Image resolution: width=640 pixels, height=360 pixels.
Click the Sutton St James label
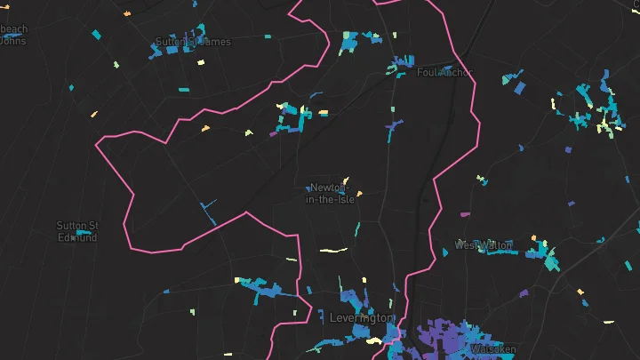point(193,42)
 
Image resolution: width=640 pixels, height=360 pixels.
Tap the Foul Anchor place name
point(444,73)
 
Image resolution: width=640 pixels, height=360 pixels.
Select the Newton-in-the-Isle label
point(332,194)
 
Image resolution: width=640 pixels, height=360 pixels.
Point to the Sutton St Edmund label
point(77,231)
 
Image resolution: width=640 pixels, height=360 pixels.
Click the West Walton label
point(484,244)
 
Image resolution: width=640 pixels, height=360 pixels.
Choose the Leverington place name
point(360,317)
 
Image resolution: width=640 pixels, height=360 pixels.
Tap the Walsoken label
point(494,349)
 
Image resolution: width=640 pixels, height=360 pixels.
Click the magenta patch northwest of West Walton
point(464,214)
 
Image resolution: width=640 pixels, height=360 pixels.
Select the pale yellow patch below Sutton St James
point(200,62)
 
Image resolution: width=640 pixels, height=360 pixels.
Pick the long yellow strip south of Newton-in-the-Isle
point(332,251)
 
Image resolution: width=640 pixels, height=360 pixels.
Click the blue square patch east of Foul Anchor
point(520,87)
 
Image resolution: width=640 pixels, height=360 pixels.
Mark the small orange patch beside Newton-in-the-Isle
point(359,193)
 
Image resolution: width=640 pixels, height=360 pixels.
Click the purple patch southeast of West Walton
point(524,292)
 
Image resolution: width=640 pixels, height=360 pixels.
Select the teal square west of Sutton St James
point(97,36)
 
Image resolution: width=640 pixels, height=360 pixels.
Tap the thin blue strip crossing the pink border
point(210,212)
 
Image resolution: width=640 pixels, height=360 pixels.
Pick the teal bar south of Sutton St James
point(182,89)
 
